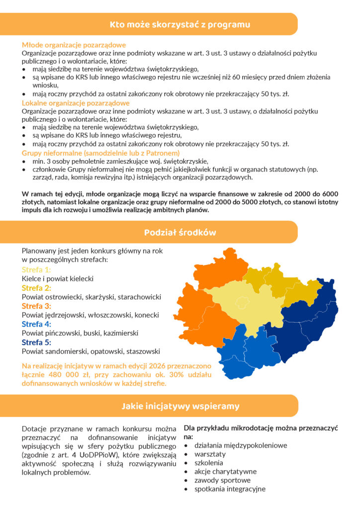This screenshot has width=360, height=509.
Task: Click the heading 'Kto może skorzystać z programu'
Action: (180, 24)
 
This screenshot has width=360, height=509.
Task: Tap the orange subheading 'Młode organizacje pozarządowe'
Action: (74, 45)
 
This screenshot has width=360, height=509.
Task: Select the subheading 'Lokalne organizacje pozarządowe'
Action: (76, 103)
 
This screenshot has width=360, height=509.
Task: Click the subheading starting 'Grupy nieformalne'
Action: (100, 153)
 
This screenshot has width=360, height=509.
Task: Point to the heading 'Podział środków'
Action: (180, 232)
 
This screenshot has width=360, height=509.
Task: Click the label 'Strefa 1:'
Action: (36, 270)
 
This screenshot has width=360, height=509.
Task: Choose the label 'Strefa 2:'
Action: (36, 288)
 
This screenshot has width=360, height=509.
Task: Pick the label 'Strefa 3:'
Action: (36, 306)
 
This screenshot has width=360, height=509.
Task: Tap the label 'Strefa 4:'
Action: (36, 324)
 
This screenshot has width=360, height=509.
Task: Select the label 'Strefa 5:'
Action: (36, 342)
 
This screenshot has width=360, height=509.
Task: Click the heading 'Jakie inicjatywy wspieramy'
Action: (180, 406)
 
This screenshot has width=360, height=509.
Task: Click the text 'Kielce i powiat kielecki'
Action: (58, 279)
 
